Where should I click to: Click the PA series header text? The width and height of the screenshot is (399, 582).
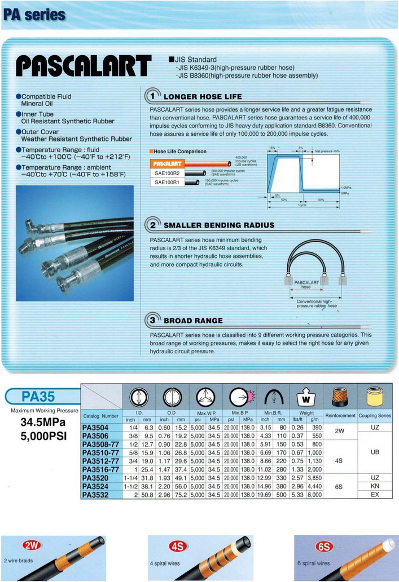click(34, 15)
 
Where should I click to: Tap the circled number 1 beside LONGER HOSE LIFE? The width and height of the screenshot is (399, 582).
click(153, 96)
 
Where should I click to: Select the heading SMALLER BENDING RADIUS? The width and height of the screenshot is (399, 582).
click(219, 225)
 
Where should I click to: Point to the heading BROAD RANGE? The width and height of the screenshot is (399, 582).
click(193, 321)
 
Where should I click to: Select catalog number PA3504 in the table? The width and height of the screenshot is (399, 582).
click(95, 428)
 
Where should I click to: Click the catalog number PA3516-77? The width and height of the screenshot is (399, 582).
click(101, 469)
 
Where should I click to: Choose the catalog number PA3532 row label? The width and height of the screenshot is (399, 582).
click(95, 495)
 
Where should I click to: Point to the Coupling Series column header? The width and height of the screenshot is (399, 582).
click(376, 416)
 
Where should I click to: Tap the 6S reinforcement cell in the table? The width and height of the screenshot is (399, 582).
click(339, 486)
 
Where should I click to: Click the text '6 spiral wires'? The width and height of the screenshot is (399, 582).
click(313, 563)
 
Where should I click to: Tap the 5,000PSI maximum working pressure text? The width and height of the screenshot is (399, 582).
click(43, 435)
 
